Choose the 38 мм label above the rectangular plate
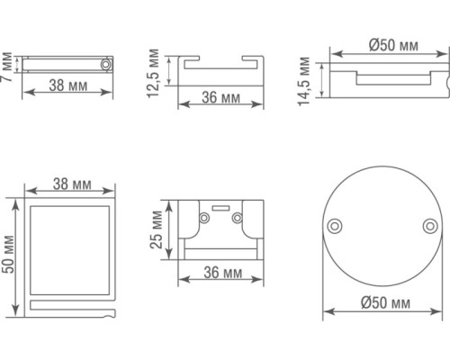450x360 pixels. pyautogui.click(x=71, y=184)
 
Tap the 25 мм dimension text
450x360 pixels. pyautogui.click(x=157, y=232)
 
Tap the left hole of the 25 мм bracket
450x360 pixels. pyautogui.click(x=199, y=216)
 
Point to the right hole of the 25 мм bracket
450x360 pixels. pyautogui.click(x=238, y=216)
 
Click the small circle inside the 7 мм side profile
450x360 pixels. pyautogui.click(x=106, y=66)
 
